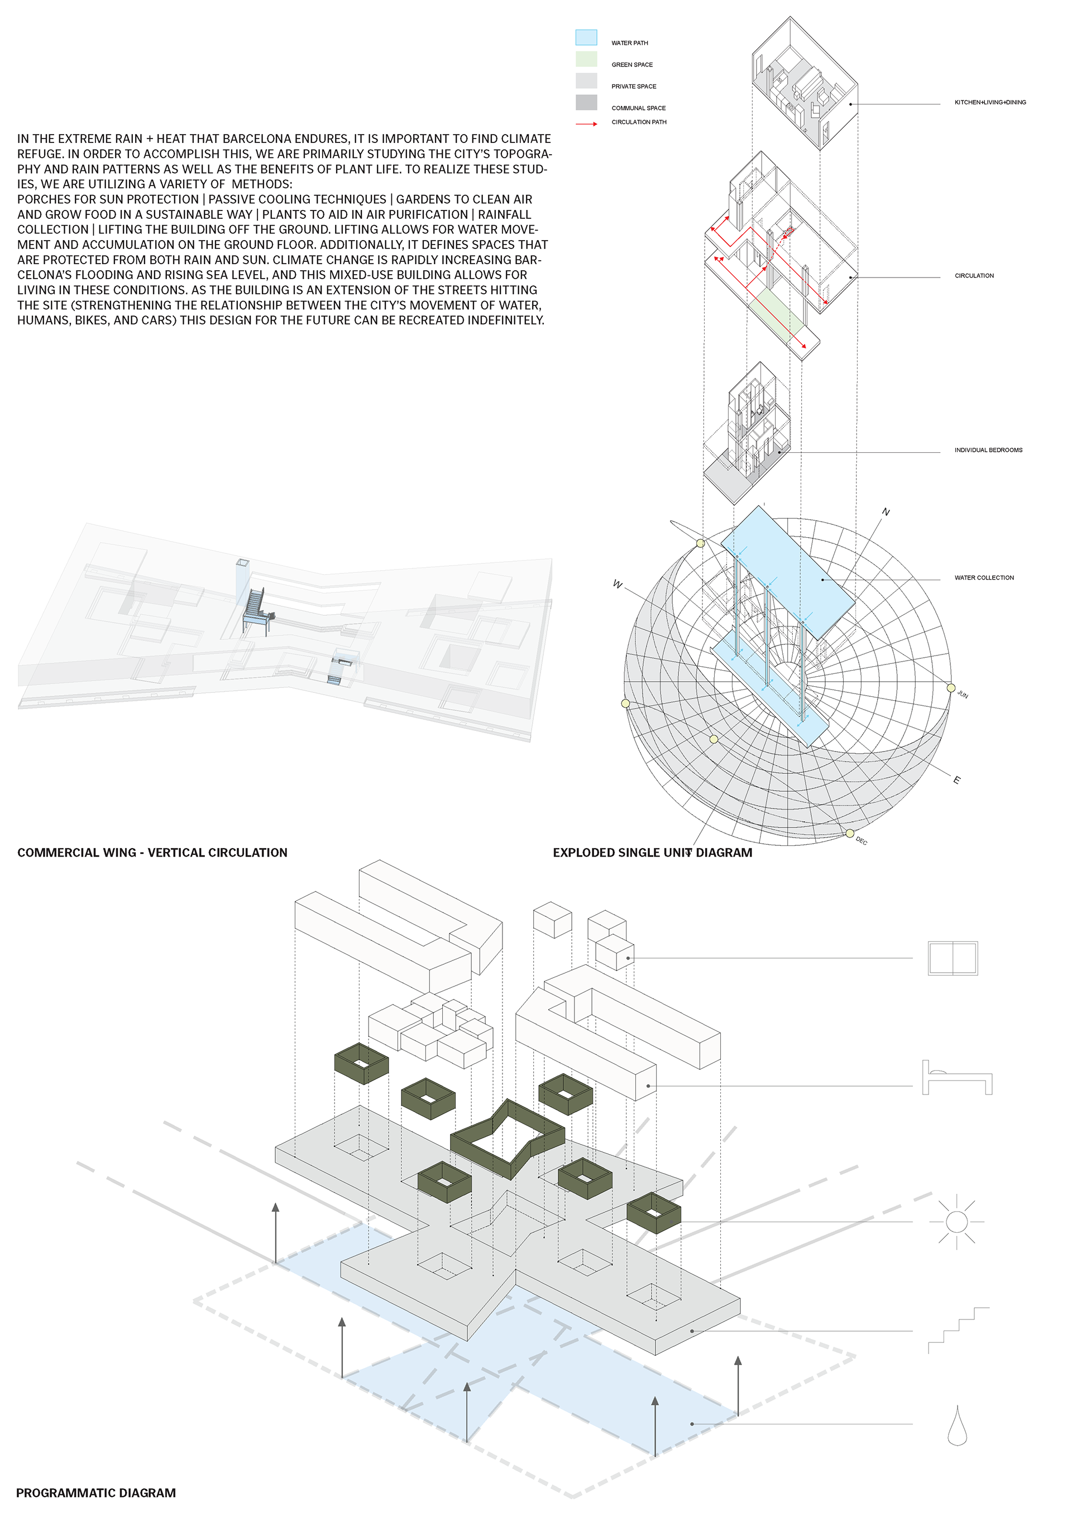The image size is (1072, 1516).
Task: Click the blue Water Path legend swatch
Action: tap(586, 37)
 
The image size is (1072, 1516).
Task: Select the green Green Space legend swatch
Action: tap(586, 59)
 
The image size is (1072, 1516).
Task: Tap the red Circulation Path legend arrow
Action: tap(586, 123)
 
